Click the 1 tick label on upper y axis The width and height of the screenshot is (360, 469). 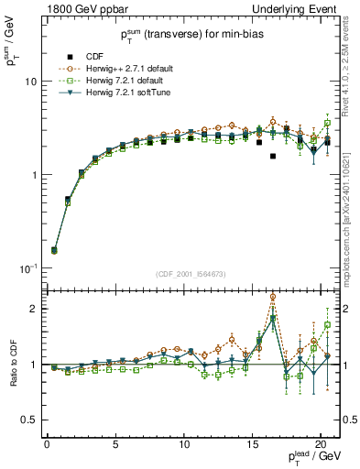32,174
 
